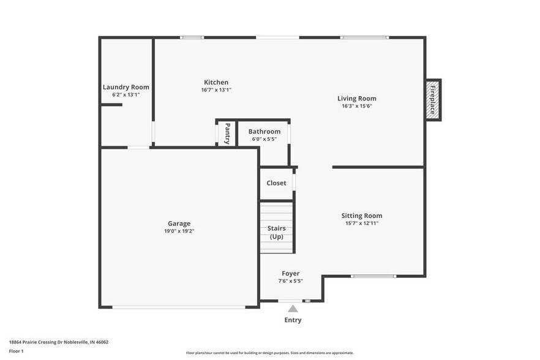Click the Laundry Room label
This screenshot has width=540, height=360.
click(126, 87)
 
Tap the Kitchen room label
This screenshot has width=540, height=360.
click(216, 82)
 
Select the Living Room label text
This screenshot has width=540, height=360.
click(357, 98)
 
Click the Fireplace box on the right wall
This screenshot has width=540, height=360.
click(433, 100)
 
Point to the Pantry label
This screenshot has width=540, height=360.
click(227, 133)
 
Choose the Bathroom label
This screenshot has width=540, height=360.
click(264, 132)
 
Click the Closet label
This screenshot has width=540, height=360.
click(276, 183)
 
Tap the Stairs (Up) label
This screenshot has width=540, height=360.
click(276, 232)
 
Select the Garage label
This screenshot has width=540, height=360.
click(179, 223)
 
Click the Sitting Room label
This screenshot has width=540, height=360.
click(361, 216)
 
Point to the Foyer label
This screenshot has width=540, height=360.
click(290, 273)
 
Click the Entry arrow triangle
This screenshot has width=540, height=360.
click(293, 309)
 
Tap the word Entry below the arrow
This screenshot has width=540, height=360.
click(292, 320)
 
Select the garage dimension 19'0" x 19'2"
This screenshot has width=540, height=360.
click(179, 231)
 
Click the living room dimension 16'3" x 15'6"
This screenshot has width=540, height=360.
click(357, 106)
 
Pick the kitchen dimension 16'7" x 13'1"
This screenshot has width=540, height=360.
click(216, 90)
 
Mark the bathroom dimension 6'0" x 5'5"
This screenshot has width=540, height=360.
click(264, 139)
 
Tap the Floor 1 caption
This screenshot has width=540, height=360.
click(16, 351)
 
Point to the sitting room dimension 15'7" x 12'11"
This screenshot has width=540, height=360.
click(361, 223)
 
